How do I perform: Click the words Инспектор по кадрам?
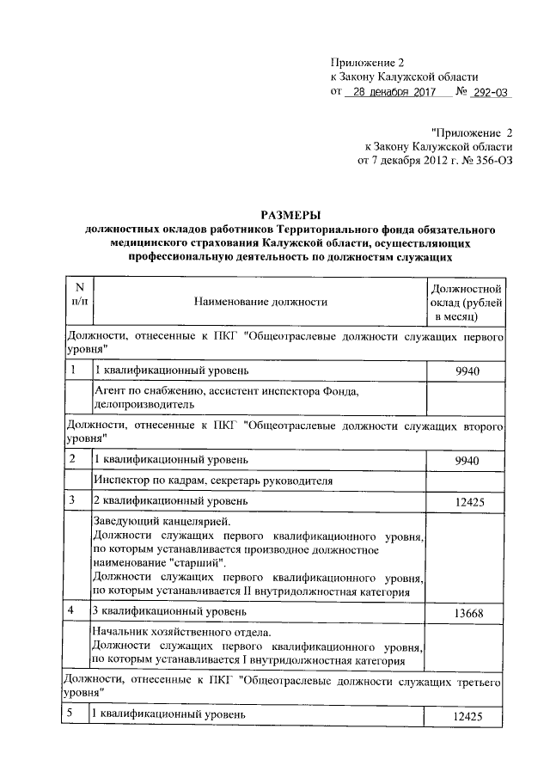pyautogui.click(x=145, y=480)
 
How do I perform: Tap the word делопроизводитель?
pyautogui.click(x=143, y=402)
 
